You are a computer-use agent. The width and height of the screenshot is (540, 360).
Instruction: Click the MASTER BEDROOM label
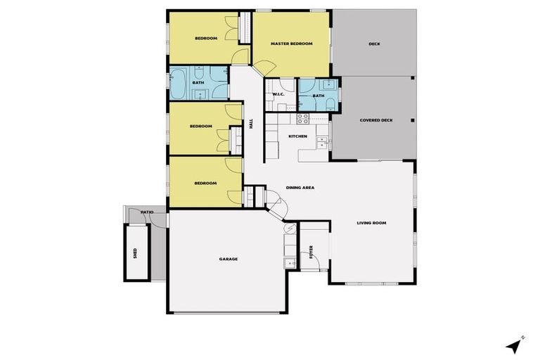(291, 44)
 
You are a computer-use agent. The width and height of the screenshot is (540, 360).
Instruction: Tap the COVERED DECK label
(375, 120)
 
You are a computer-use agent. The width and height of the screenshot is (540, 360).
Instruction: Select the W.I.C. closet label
(277, 94)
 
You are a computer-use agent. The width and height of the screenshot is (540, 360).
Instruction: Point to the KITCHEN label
(297, 136)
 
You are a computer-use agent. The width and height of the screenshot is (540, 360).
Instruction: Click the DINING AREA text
(300, 188)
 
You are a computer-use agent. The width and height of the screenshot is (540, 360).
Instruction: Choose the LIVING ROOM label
(371, 223)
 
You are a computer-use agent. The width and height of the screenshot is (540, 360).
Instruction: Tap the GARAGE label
(228, 259)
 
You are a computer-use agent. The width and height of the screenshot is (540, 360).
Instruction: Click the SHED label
(135, 252)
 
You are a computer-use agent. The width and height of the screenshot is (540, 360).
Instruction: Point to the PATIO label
(147, 212)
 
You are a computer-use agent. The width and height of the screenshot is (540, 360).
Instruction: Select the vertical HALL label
(251, 124)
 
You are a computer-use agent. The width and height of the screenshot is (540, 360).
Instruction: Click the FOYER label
(311, 252)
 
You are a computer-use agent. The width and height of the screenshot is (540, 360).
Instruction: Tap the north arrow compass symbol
(515, 345)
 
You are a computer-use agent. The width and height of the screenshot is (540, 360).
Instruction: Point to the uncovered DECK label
(374, 44)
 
